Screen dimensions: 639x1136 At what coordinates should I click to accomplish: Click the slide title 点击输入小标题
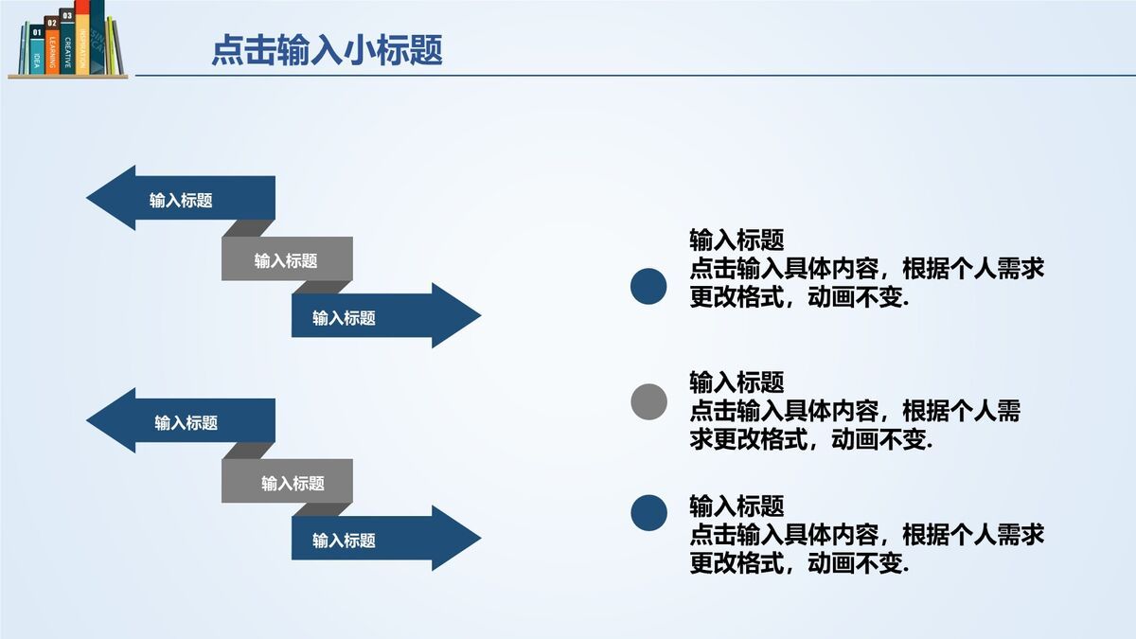tap(327, 50)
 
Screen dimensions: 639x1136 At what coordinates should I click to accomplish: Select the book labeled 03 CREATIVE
tap(67, 42)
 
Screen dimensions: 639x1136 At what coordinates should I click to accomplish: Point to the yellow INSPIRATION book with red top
tap(83, 38)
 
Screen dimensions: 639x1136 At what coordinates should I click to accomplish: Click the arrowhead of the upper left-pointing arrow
tap(109, 198)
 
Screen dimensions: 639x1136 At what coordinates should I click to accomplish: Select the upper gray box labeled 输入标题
tap(287, 259)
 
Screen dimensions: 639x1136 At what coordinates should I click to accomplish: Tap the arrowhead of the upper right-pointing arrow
tap(456, 315)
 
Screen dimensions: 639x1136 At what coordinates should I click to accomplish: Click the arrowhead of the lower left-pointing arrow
tap(109, 420)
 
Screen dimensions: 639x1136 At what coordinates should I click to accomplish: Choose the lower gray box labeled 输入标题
tap(287, 482)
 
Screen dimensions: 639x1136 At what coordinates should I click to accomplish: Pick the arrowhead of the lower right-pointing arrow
tap(456, 538)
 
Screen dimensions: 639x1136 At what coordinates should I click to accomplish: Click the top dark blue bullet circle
tap(648, 287)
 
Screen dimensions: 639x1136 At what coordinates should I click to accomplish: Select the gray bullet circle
tap(648, 401)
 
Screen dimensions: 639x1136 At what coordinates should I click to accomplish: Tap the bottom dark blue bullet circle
tap(648, 512)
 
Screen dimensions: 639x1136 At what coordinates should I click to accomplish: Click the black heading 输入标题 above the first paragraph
tap(737, 240)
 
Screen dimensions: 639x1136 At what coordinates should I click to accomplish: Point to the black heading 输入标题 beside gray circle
tap(737, 382)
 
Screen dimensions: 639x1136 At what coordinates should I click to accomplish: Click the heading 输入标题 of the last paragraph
tap(737, 506)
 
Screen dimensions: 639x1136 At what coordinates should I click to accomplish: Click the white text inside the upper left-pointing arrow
tap(181, 200)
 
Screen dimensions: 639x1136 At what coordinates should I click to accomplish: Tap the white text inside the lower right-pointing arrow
tap(345, 541)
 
